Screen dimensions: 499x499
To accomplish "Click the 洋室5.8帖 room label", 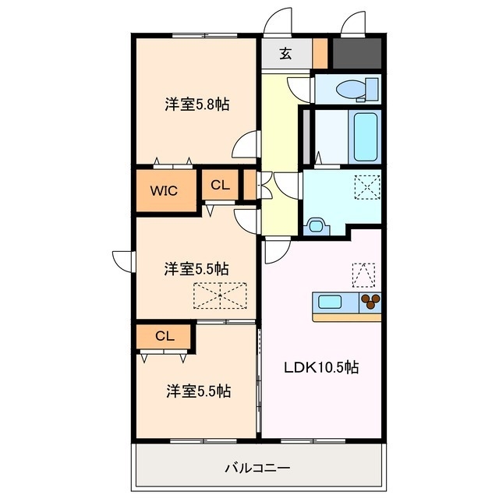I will tap(196, 104).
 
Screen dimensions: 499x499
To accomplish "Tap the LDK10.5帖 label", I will tap(320, 367).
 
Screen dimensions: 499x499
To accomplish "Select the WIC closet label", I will tap(164, 189).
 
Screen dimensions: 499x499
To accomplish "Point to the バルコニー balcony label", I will tap(257, 469).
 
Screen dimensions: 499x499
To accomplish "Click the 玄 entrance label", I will tap(285, 55).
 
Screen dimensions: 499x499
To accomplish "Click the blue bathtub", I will tap(364, 136).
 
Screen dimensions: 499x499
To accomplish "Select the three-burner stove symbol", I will tap(370, 301).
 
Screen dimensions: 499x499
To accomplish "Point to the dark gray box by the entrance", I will tap(356, 52).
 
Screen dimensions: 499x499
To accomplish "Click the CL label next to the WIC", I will tap(220, 186).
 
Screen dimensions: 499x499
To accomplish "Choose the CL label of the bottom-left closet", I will tap(164, 337).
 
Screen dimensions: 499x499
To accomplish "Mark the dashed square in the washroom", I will tap(365, 187).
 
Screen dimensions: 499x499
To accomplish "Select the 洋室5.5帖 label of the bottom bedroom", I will tap(197, 391).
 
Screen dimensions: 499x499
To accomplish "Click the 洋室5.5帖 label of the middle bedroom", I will tap(196, 269).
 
